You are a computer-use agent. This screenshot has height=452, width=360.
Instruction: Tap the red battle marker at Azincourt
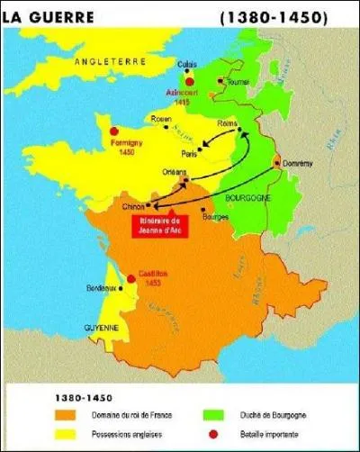point(189,81)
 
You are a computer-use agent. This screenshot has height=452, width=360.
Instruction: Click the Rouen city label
point(161,117)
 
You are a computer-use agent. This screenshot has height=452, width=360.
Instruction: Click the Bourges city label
point(215,217)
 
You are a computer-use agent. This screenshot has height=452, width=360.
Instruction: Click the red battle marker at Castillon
point(131,278)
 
